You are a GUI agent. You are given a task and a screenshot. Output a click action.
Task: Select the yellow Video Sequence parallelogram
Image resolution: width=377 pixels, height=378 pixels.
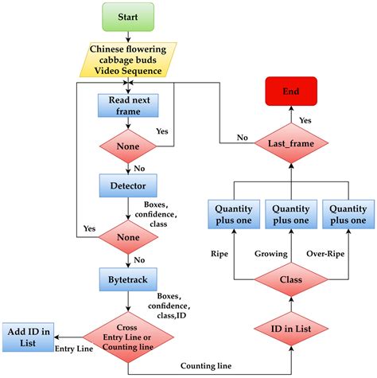click(x=128, y=60)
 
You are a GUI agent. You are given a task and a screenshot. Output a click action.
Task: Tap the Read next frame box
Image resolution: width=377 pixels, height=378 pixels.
click(x=128, y=105)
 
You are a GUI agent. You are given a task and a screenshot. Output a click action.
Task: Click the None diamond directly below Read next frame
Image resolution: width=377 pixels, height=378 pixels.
click(x=128, y=146)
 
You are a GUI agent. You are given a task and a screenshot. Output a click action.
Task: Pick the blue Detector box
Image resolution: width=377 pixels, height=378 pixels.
click(x=128, y=186)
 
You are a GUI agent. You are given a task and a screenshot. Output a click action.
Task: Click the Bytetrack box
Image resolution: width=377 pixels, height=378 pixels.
click(x=128, y=279)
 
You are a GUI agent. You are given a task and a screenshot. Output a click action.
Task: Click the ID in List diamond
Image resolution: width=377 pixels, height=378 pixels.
click(x=290, y=330)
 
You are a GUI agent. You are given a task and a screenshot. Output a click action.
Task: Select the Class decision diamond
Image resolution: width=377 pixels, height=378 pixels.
click(x=290, y=280)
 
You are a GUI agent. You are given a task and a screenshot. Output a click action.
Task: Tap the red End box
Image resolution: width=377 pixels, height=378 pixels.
click(x=290, y=92)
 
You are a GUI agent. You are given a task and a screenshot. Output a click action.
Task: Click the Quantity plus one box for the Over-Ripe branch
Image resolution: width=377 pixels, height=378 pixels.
click(x=348, y=213)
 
